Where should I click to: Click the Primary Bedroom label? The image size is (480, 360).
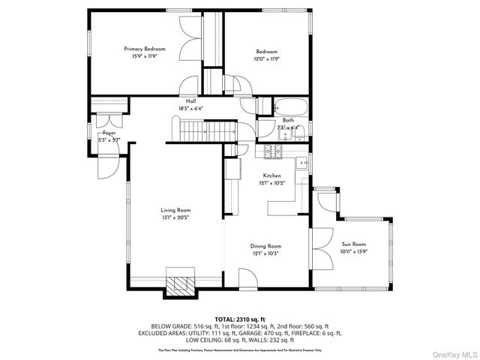click(145, 49)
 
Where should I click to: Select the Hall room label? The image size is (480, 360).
click(190, 101)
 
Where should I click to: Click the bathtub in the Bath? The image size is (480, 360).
click(289, 106)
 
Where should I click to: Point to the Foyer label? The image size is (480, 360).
click(109, 133)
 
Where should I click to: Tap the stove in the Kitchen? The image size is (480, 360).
click(271, 152)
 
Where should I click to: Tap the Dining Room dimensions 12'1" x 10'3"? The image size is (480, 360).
click(265, 253)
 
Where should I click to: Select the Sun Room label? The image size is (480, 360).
click(353, 244)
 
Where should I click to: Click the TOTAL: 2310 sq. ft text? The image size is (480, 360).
click(240, 318)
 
